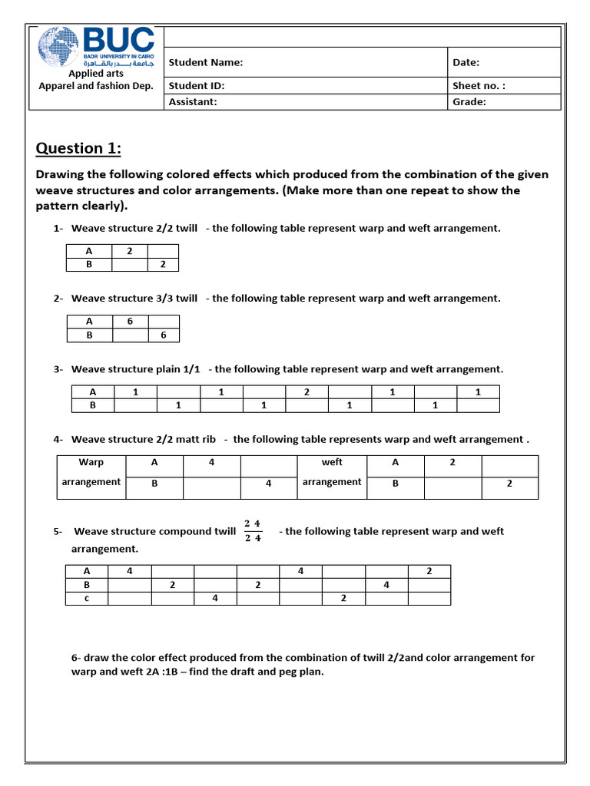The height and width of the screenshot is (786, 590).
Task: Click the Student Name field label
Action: [205, 62]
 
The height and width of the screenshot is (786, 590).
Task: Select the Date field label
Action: [466, 62]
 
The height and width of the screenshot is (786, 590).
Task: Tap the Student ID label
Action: [196, 86]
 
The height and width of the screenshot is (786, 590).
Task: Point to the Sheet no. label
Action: [478, 86]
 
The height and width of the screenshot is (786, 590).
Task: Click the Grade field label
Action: [469, 101]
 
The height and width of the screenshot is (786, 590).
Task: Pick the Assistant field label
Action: [193, 101]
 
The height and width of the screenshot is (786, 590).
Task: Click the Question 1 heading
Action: [78, 148]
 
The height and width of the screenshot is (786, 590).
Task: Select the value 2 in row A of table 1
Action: [129, 251]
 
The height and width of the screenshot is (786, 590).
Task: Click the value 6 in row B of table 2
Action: [162, 335]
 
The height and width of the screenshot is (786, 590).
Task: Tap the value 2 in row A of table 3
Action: [306, 391]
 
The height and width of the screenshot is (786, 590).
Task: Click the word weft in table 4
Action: [332, 462]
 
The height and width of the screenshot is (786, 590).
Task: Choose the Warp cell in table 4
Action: [91, 462]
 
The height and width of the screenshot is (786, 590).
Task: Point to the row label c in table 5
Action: [87, 598]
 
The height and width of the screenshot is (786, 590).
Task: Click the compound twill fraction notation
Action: [253, 530]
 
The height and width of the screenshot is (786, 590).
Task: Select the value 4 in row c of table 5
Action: [214, 598]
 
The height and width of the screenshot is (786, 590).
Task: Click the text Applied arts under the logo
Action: [96, 74]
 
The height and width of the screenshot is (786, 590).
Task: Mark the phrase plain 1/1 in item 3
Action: [176, 369]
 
